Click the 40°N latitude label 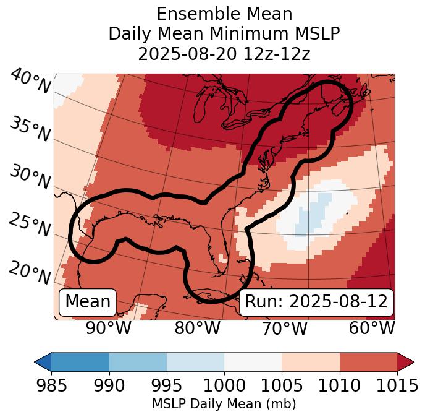point(30,82)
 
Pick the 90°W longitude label point(108,328)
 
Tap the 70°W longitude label point(285,328)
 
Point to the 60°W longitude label point(372,328)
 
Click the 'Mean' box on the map point(88,302)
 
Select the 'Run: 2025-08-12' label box point(316,302)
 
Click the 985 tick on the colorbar point(51,385)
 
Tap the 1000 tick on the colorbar point(224,385)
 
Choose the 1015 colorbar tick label point(397,385)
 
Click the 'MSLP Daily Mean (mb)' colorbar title point(224,405)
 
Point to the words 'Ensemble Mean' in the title point(224,14)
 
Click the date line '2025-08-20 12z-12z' point(224,54)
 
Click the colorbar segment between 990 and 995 point(138,361)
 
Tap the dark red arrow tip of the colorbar point(406,361)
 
